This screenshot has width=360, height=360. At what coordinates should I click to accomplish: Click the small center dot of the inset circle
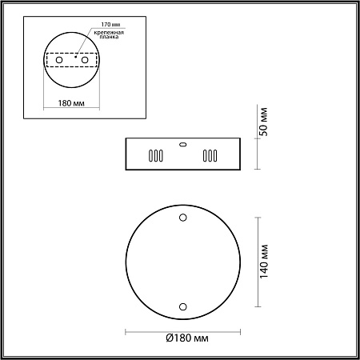[74, 58]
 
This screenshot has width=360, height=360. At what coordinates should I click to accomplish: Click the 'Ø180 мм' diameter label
[186, 339]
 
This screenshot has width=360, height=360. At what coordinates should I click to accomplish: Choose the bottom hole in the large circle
[182, 306]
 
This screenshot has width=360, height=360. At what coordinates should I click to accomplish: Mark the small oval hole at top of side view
[182, 145]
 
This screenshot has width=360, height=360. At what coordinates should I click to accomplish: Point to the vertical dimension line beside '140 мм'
[256, 262]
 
